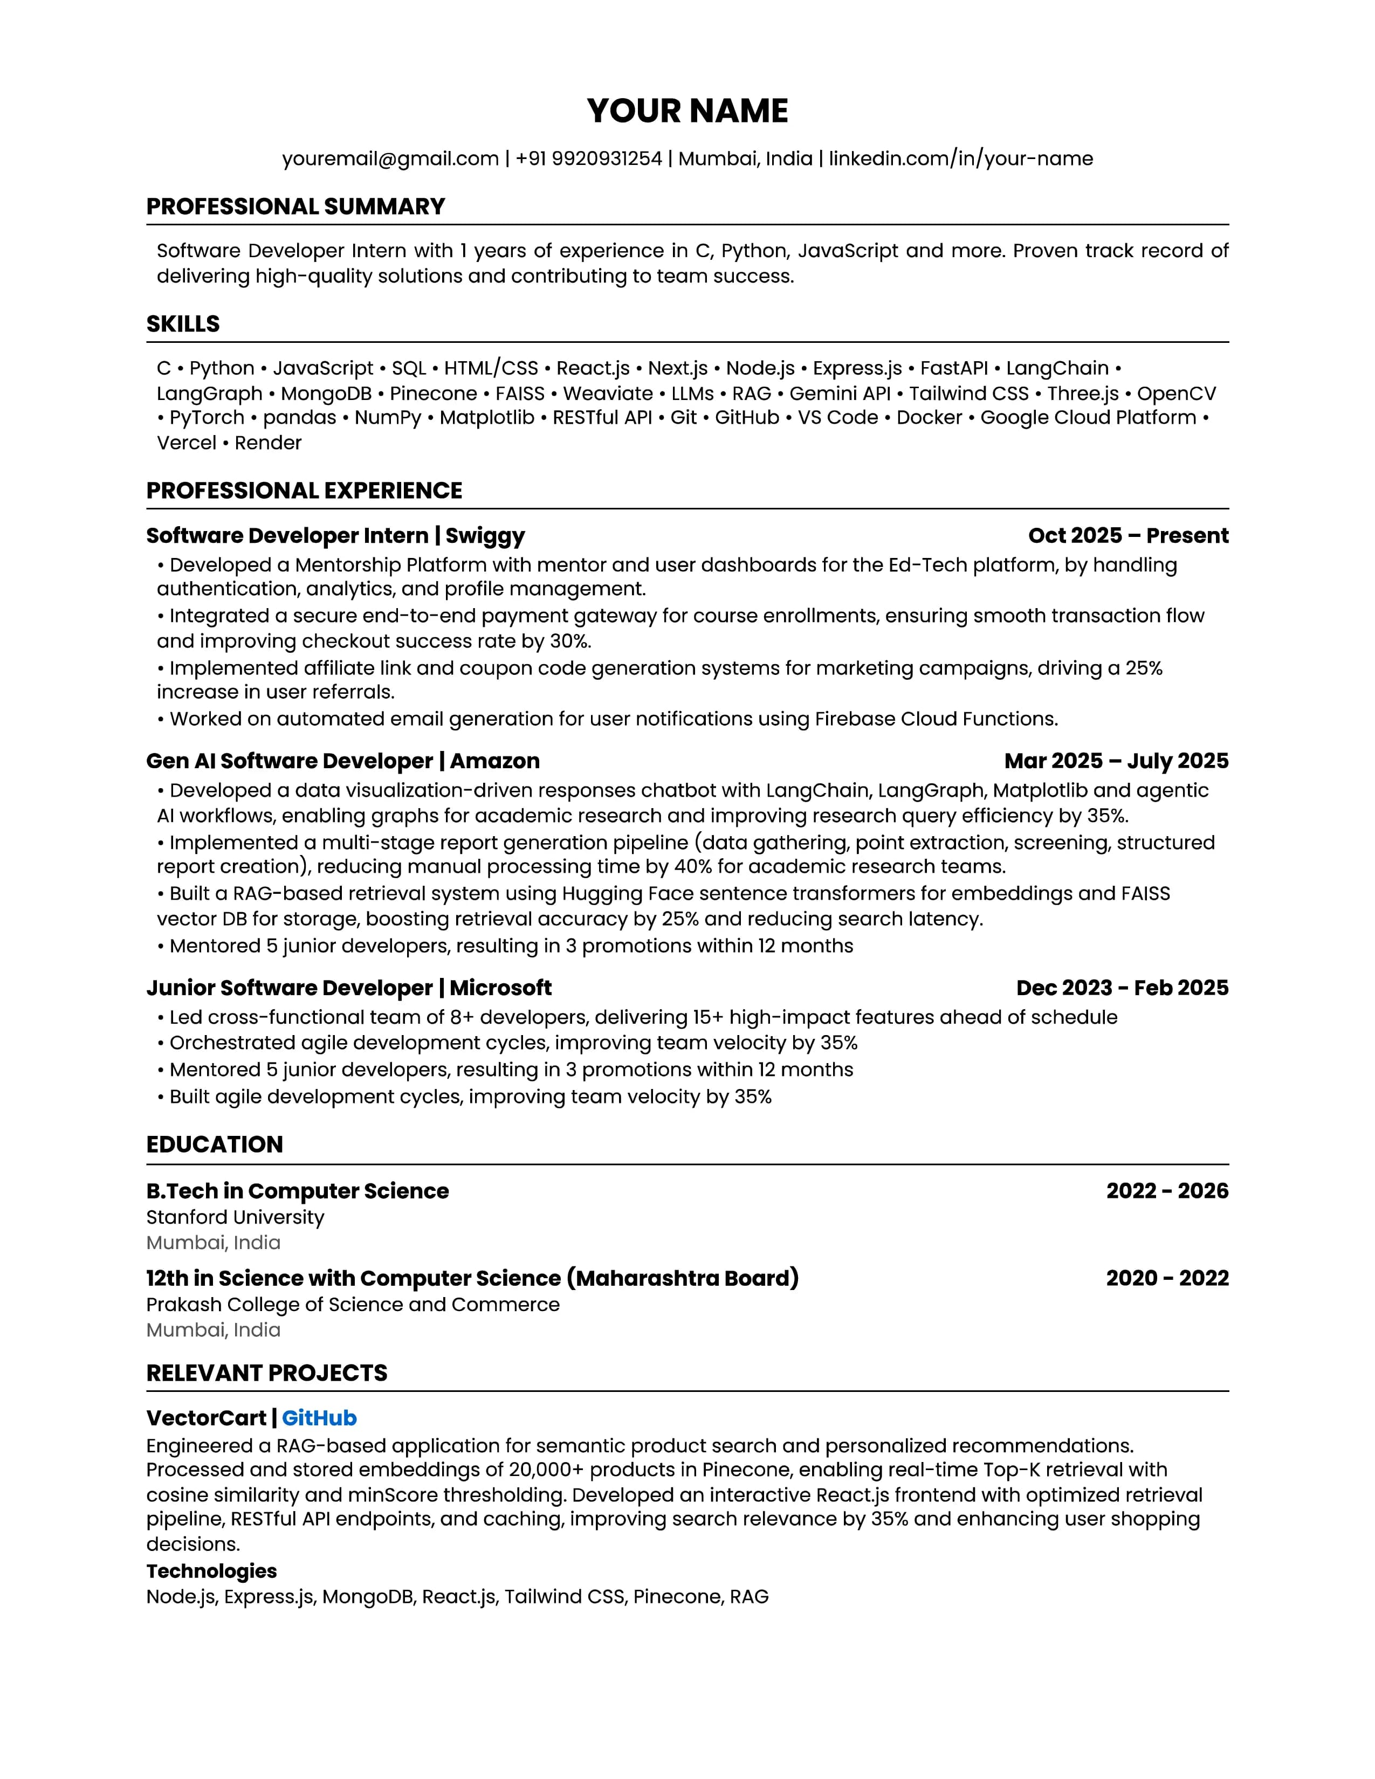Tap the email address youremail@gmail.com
click(390, 159)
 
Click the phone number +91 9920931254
click(588, 159)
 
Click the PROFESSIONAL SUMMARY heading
click(295, 207)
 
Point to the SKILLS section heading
click(182, 324)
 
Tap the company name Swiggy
click(485, 536)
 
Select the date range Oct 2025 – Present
click(1127, 536)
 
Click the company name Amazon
click(494, 761)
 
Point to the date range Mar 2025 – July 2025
click(1116, 761)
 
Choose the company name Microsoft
click(500, 988)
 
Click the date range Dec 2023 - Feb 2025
click(1122, 988)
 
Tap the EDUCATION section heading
click(214, 1144)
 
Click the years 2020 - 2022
click(1166, 1278)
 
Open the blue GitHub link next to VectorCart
click(319, 1418)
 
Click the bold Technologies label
click(211, 1571)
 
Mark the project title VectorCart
click(206, 1418)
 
